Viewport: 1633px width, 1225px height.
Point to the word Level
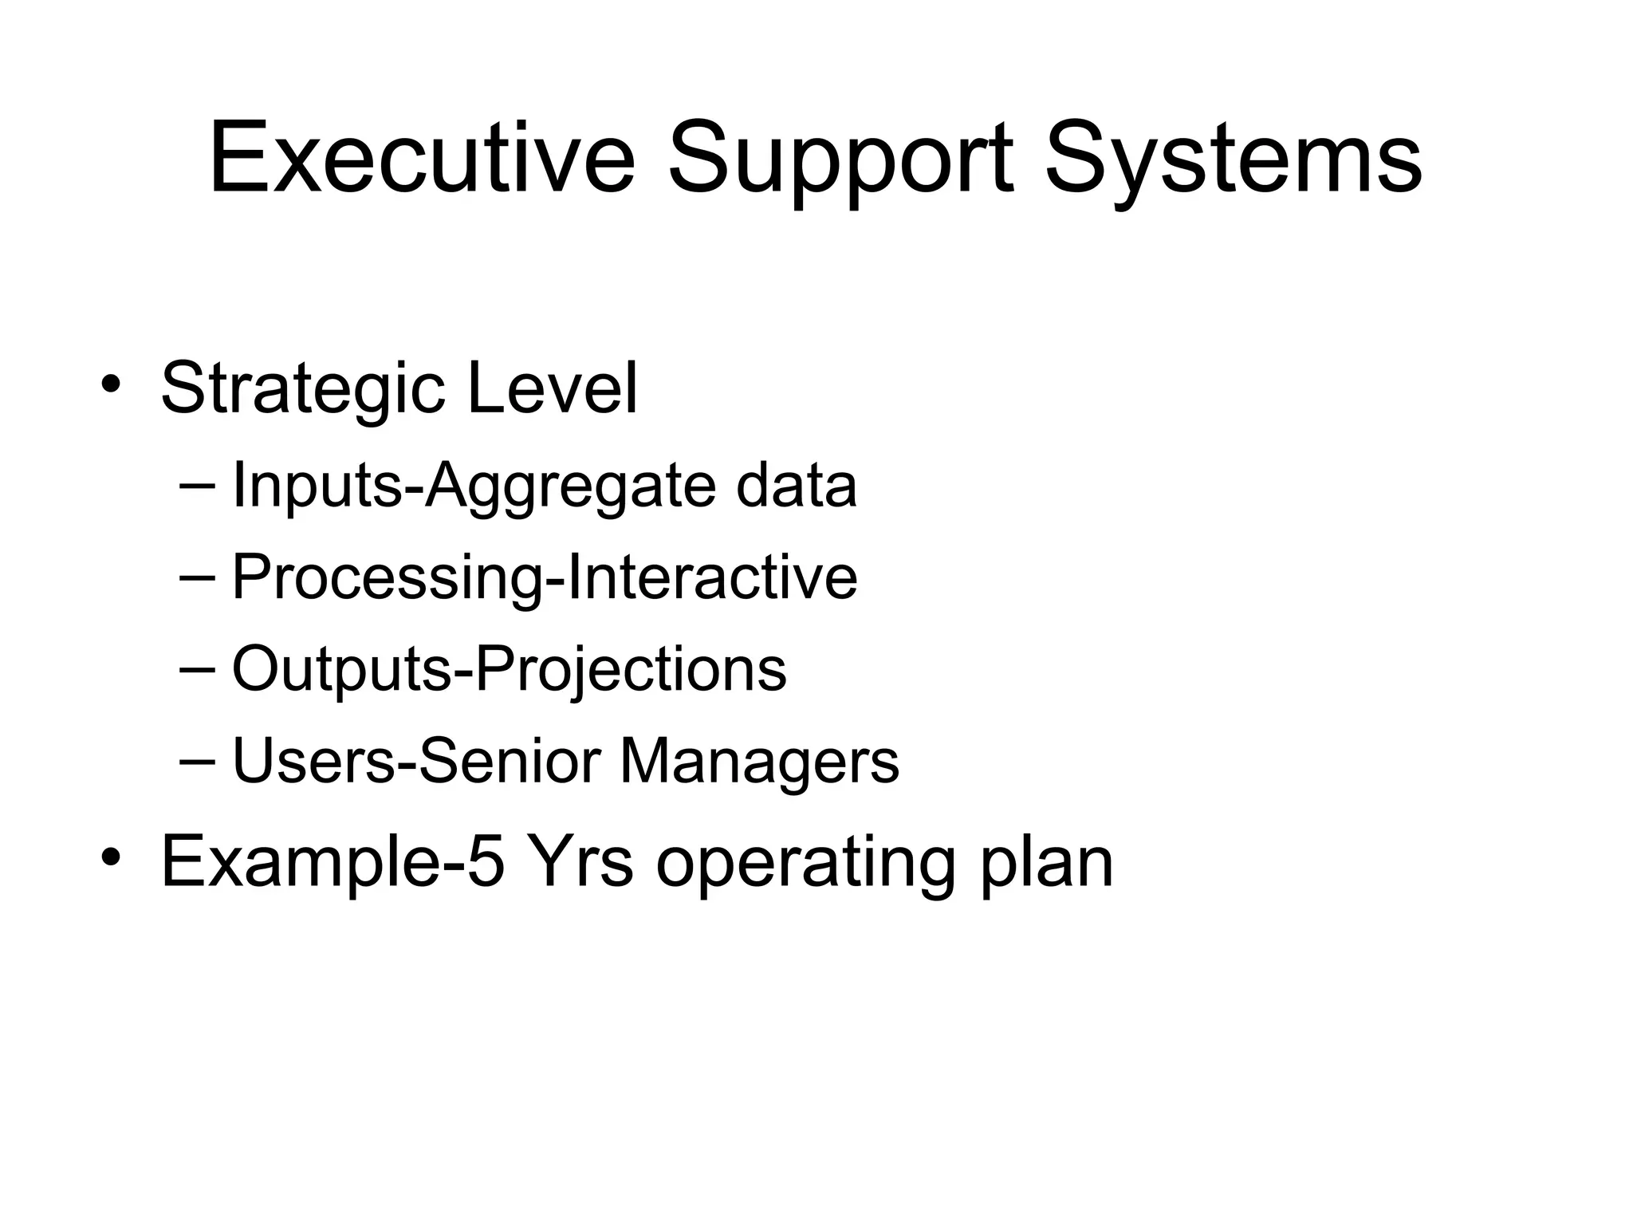(x=552, y=388)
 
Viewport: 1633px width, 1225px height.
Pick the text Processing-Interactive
(x=544, y=577)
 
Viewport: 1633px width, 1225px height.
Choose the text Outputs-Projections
(x=509, y=670)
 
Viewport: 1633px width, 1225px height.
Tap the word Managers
(x=759, y=762)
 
